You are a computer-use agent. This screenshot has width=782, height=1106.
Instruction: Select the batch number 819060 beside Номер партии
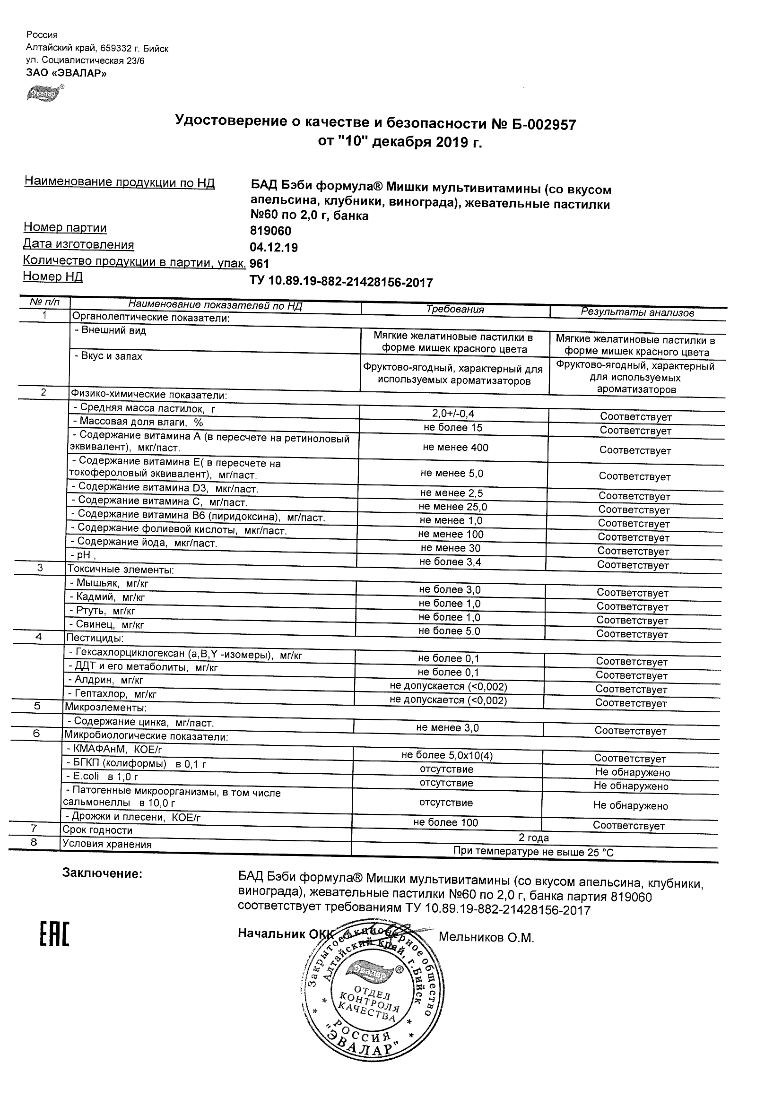click(x=270, y=231)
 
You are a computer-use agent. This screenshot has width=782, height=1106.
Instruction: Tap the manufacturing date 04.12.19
click(x=274, y=248)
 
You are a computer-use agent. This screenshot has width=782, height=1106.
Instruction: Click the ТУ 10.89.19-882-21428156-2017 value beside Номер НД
click(x=341, y=282)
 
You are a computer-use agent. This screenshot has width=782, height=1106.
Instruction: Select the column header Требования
click(x=455, y=309)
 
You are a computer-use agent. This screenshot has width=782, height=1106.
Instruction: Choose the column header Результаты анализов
click(x=637, y=312)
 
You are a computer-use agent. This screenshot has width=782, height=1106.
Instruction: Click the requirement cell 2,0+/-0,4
click(x=453, y=413)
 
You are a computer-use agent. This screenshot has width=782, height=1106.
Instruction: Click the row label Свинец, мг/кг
click(x=110, y=625)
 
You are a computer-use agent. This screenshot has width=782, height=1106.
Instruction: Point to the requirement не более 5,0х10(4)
click(x=447, y=755)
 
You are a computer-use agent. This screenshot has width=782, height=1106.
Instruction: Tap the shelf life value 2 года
click(x=533, y=838)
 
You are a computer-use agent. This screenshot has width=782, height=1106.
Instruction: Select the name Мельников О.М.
click(x=486, y=937)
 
